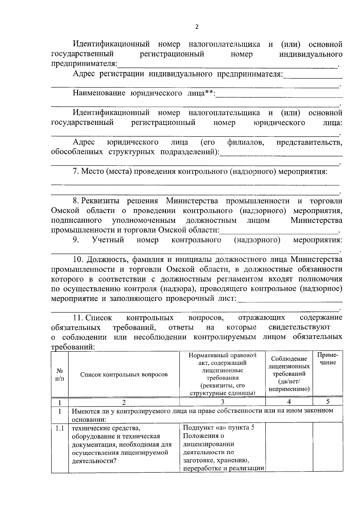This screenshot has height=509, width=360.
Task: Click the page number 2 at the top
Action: [197, 27]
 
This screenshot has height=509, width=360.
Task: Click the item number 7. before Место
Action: [76, 171]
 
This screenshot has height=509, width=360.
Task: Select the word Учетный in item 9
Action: [108, 240]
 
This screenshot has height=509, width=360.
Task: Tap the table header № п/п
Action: [60, 375]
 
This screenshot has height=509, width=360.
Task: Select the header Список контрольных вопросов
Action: [124, 375]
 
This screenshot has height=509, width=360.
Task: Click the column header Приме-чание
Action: [328, 358]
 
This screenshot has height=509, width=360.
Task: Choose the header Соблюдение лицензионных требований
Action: [289, 374]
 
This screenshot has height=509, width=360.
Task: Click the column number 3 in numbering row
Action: [222, 402]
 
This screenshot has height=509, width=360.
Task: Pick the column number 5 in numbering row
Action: [328, 402]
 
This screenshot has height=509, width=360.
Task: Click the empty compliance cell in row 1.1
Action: [289, 447]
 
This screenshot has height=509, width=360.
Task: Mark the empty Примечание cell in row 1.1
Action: [328, 447]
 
